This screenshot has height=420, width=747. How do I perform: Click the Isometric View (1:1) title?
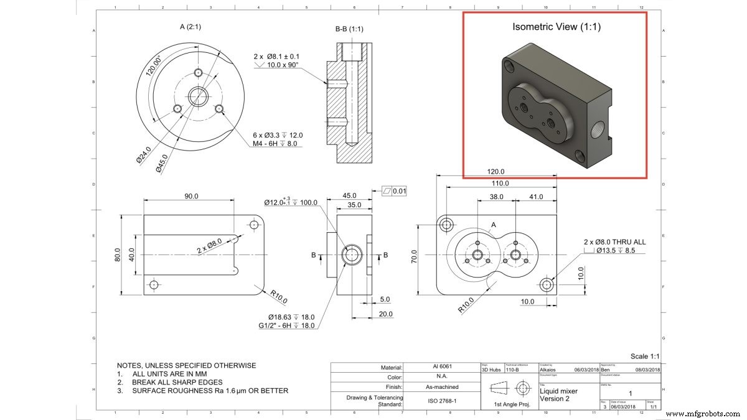coord(556,27)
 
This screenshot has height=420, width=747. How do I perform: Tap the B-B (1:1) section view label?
coord(349,29)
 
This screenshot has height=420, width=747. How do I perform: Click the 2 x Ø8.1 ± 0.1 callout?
coord(280,57)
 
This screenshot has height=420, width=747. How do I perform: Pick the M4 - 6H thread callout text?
coord(279,143)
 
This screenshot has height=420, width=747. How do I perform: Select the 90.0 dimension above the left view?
coord(190,196)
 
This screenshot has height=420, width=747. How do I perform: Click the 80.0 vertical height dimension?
coord(118,255)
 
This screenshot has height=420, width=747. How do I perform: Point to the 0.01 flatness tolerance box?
coord(399,191)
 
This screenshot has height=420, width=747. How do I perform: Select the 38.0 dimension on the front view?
coord(496,197)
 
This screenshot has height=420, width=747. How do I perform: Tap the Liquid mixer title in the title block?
coord(560,391)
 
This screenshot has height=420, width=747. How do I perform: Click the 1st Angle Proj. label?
coord(507,405)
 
